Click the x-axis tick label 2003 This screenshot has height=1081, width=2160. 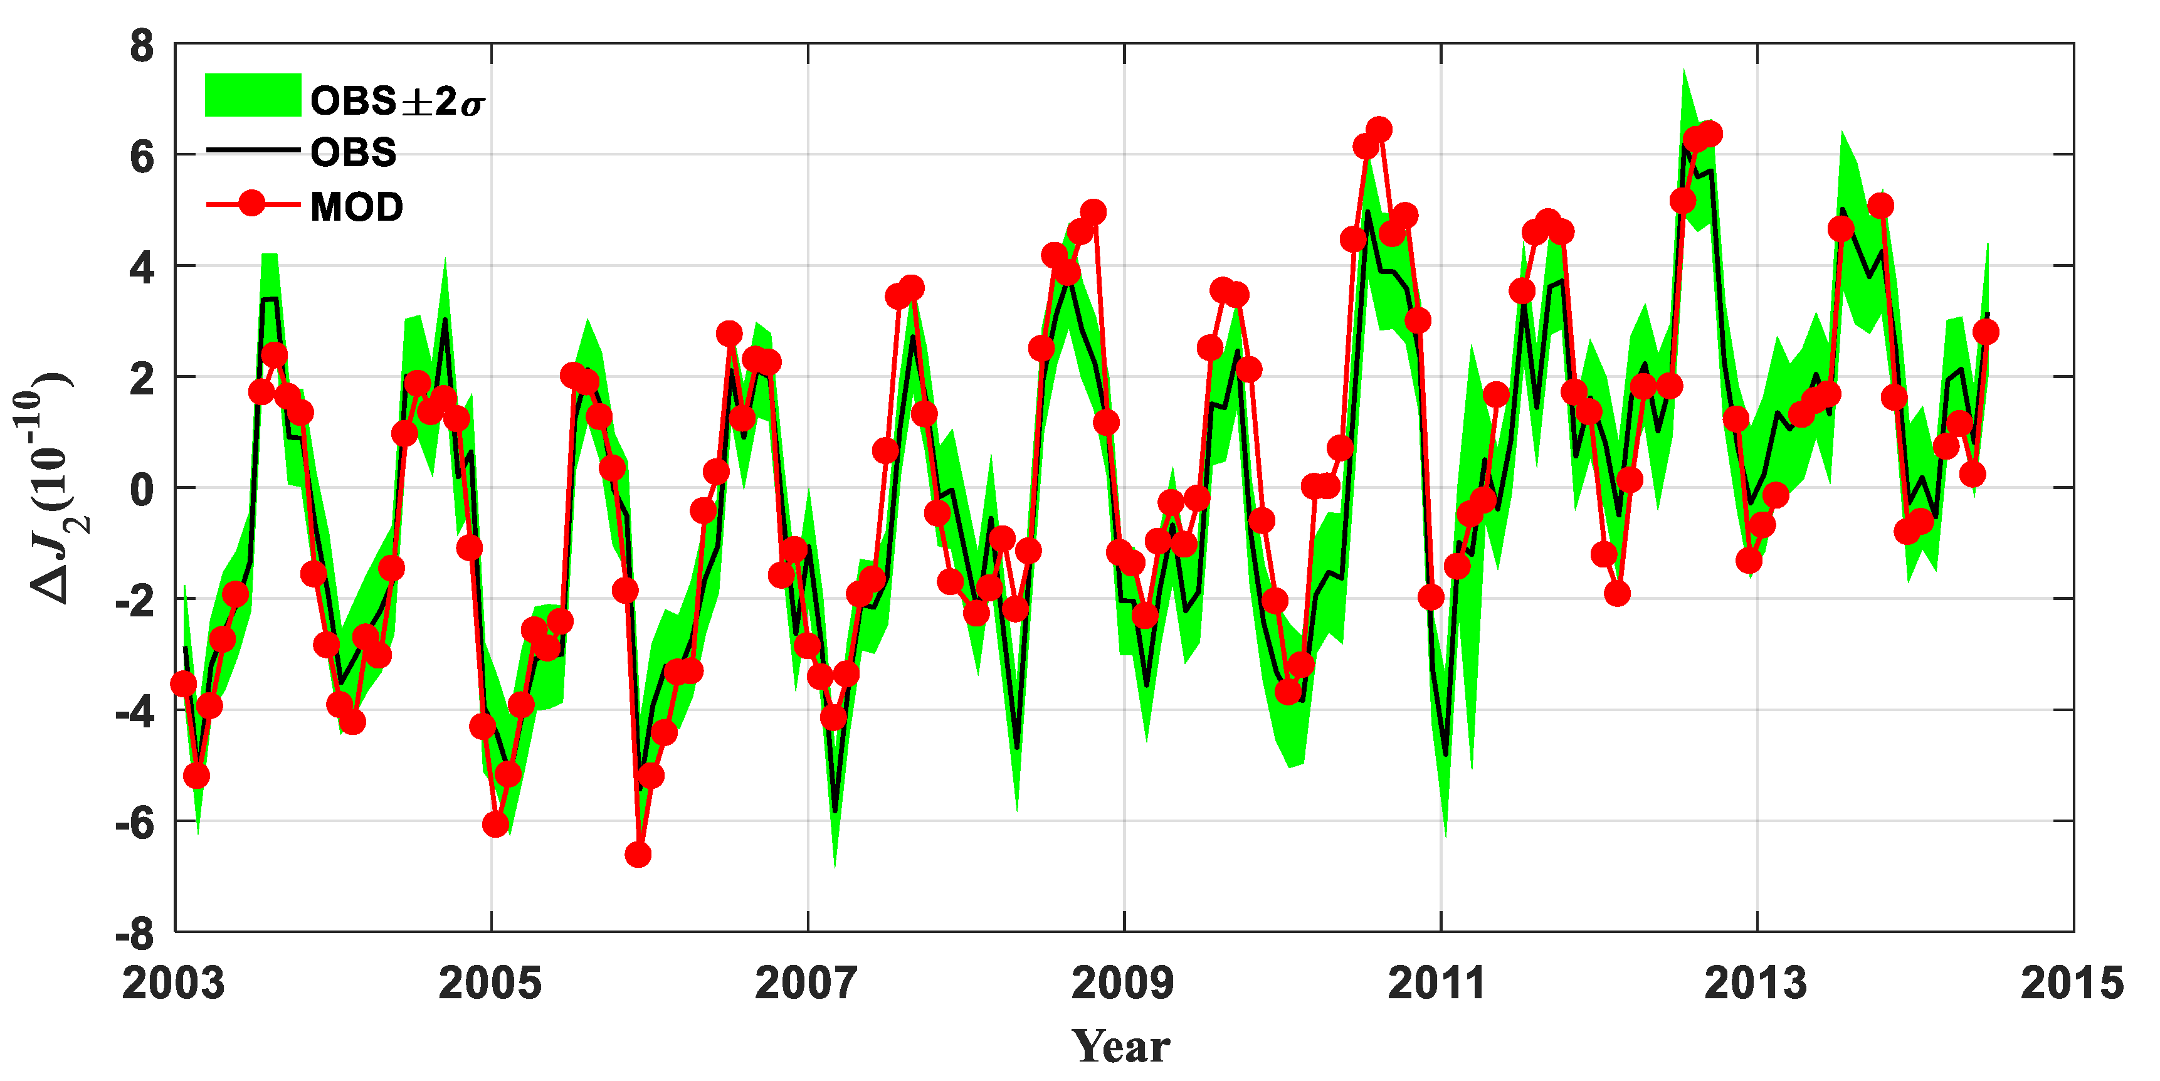[174, 984]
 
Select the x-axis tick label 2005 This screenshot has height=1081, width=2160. [490, 984]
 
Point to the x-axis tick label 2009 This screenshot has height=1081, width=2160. [1123, 984]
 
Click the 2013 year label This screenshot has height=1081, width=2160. [1755, 984]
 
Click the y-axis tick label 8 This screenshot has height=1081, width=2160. [142, 46]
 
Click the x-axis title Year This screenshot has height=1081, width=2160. [1121, 1047]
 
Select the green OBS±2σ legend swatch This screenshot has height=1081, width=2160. [253, 95]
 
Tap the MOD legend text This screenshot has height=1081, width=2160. [356, 207]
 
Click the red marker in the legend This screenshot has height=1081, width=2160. [251, 204]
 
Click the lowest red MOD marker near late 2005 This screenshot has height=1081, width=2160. [638, 855]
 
